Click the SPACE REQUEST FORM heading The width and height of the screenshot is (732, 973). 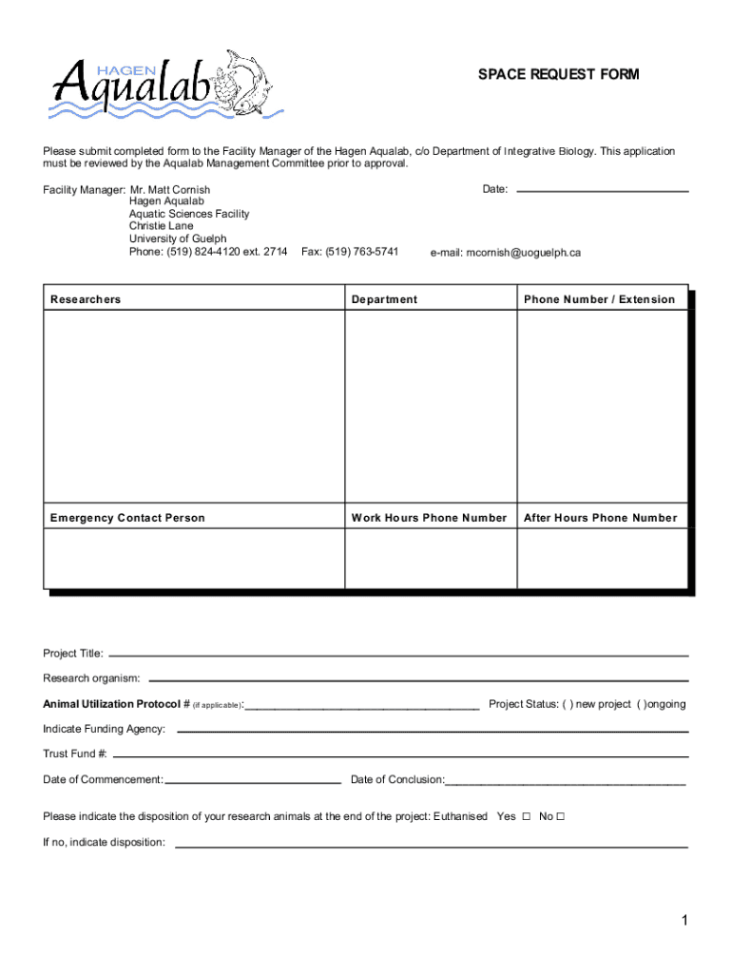(558, 75)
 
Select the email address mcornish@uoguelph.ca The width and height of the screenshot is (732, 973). (505, 253)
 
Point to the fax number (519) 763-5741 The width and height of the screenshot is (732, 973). (349, 252)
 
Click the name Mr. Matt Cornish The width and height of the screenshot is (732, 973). (169, 190)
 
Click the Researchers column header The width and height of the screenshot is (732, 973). (86, 299)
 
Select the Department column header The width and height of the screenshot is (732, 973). (384, 299)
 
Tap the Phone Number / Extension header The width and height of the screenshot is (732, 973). (599, 299)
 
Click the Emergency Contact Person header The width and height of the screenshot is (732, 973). (127, 518)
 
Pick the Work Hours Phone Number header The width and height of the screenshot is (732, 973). (429, 518)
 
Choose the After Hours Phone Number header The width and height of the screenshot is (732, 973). (600, 518)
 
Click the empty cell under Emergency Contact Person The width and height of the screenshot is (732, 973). (194, 559)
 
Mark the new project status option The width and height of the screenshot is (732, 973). (568, 704)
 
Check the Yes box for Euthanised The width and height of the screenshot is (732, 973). (526, 817)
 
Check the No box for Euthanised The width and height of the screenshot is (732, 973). (561, 817)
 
